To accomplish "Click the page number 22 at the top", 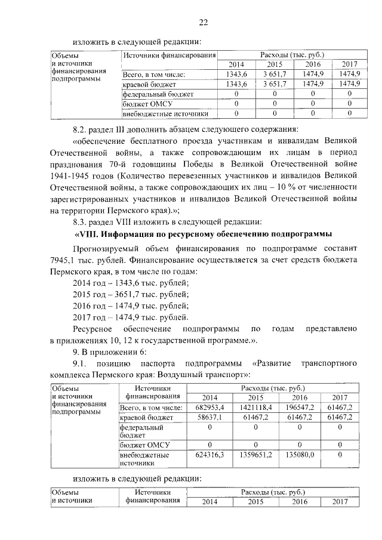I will pyautogui.click(x=203, y=23).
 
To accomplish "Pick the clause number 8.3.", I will pyautogui.click(x=80, y=221).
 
